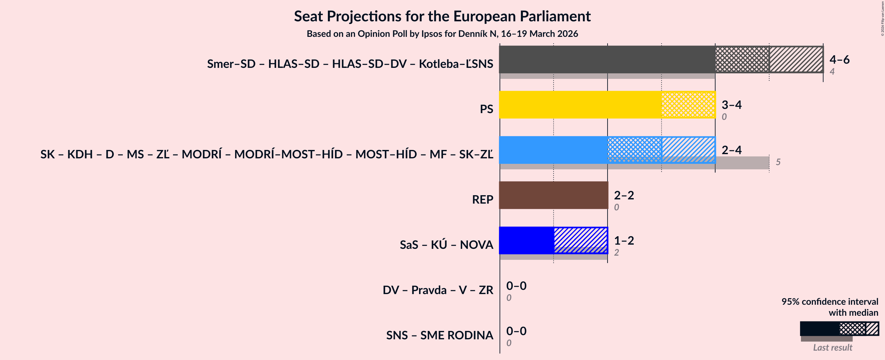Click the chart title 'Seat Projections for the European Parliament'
click(442, 16)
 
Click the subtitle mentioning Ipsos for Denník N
click(442, 34)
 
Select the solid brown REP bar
click(553, 195)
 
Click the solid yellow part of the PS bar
click(580, 105)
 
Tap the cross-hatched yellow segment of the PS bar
click(688, 105)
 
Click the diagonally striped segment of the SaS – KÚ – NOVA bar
click(580, 240)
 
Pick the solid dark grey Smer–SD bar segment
click(607, 59)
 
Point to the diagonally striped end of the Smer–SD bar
click(796, 59)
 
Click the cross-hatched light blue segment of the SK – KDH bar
click(634, 150)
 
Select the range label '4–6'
click(839, 59)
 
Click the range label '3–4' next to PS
click(731, 104)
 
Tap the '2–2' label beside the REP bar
click(623, 195)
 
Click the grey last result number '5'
click(778, 162)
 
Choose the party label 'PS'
click(486, 109)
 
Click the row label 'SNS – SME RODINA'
click(439, 335)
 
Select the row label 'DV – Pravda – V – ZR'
click(438, 290)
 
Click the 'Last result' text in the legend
click(832, 347)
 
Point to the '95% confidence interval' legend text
click(829, 301)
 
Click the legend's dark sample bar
click(819, 329)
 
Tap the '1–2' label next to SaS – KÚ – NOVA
click(623, 240)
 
